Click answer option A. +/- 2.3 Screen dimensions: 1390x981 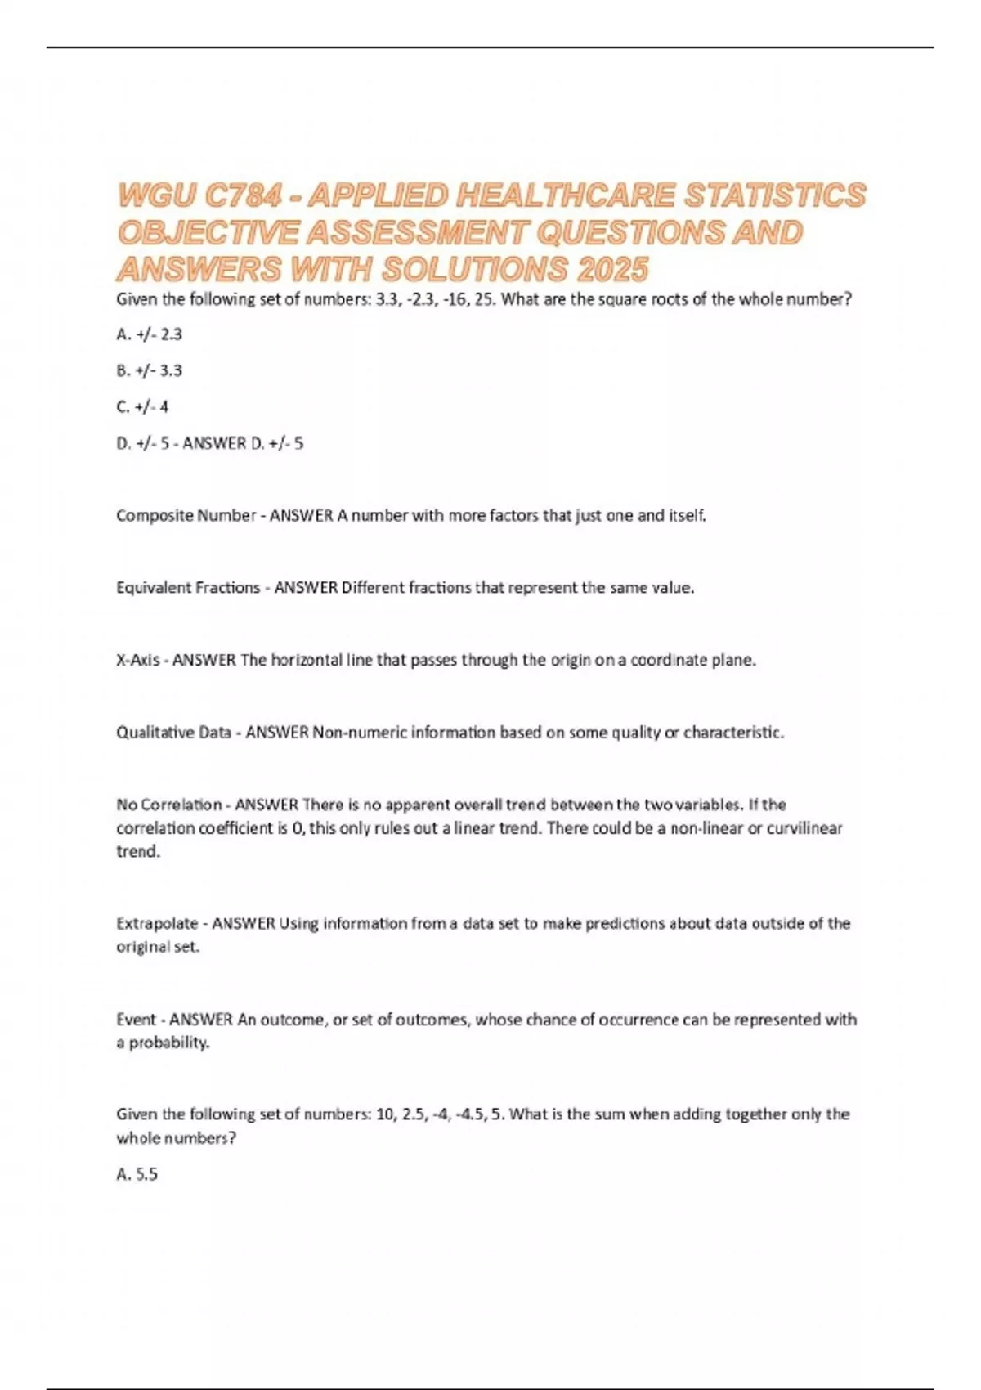150,334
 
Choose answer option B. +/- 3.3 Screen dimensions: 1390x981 150,370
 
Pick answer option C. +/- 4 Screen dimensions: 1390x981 142,406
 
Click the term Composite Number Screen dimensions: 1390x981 186,516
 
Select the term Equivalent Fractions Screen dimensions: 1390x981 188,588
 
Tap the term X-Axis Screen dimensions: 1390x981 138,660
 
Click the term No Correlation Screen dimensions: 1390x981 169,805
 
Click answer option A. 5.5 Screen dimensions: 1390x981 137,1175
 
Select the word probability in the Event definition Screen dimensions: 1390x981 168,1043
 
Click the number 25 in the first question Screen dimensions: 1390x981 484,299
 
